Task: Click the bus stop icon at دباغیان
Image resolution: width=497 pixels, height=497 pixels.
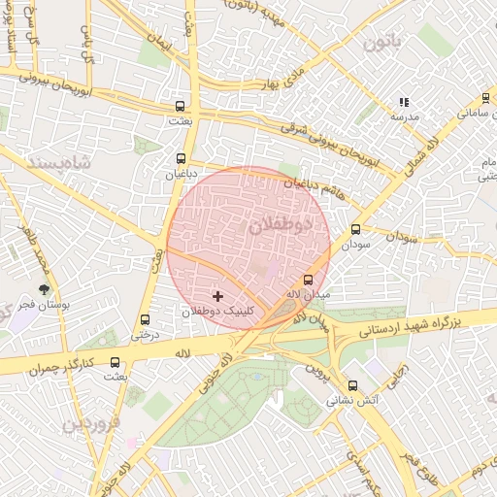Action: [181, 157]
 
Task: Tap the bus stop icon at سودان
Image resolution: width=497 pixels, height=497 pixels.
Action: [355, 230]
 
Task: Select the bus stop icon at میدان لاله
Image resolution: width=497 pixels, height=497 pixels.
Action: [308, 278]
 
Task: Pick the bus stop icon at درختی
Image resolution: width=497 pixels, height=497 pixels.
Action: [146, 319]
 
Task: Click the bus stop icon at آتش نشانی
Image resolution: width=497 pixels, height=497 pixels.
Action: [351, 385]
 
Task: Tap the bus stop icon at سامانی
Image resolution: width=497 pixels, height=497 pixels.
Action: [485, 98]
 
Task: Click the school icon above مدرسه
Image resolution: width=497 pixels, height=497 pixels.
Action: [404, 102]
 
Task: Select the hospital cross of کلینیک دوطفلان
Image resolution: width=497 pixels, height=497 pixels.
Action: [216, 295]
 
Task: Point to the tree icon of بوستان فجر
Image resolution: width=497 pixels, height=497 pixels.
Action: [43, 288]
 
